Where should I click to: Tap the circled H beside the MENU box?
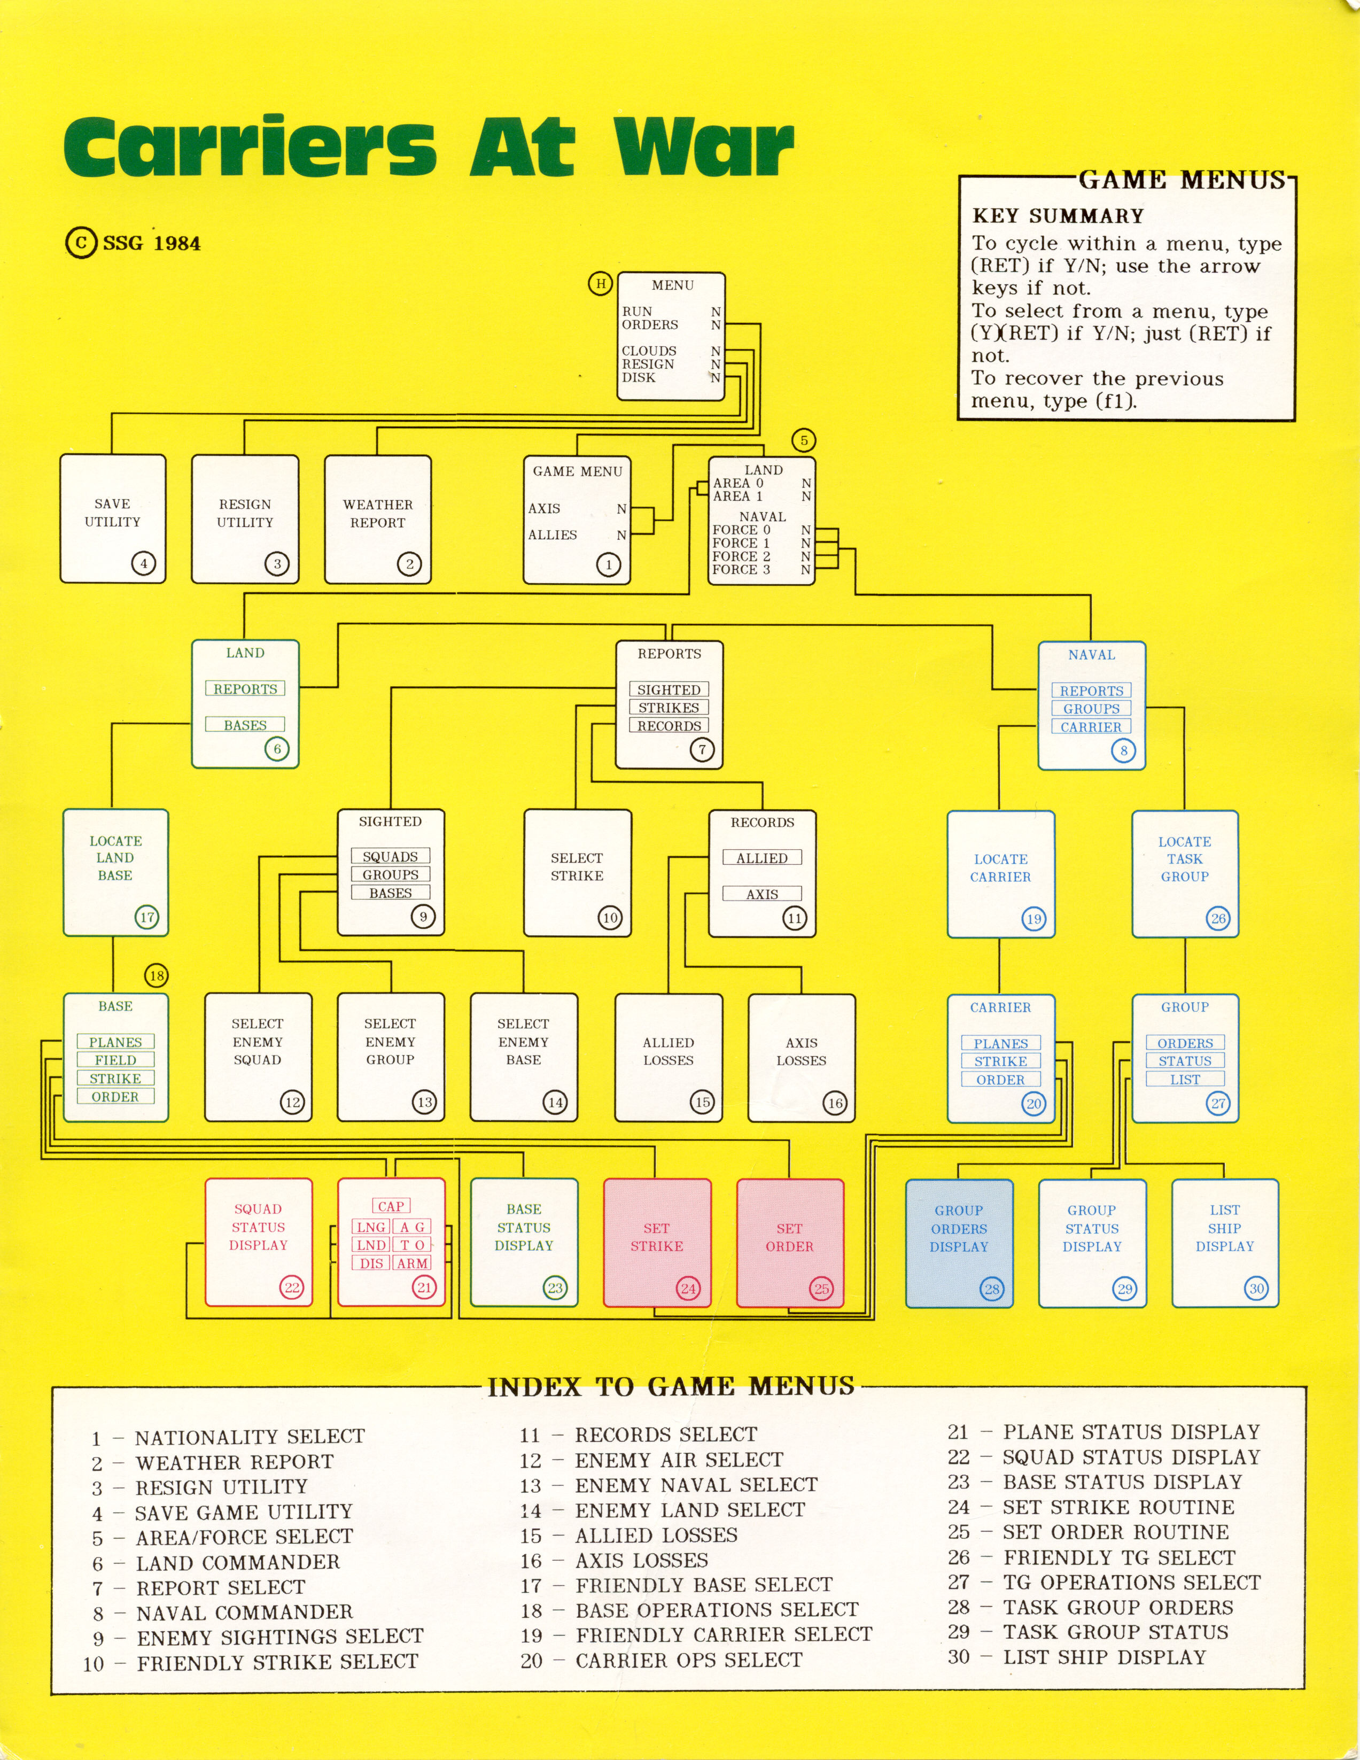pyautogui.click(x=600, y=284)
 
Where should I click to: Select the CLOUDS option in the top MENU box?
pyautogui.click(x=649, y=351)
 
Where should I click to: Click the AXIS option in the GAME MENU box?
pyautogui.click(x=545, y=508)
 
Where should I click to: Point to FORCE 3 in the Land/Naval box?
pyautogui.click(x=741, y=569)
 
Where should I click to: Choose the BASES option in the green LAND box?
pyautogui.click(x=245, y=724)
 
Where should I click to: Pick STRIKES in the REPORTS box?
pyautogui.click(x=669, y=708)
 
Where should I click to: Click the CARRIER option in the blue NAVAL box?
pyautogui.click(x=1091, y=727)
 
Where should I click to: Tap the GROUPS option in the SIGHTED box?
pyautogui.click(x=391, y=874)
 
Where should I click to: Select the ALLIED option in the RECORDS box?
pyautogui.click(x=762, y=858)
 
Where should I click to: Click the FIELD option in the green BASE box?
pyautogui.click(x=115, y=1060)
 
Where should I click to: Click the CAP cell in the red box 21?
pyautogui.click(x=391, y=1206)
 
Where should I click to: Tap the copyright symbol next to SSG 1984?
pyautogui.click(x=81, y=243)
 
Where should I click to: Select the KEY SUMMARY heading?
pyautogui.click(x=1058, y=216)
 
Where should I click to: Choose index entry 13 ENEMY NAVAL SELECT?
pyautogui.click(x=669, y=1484)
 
